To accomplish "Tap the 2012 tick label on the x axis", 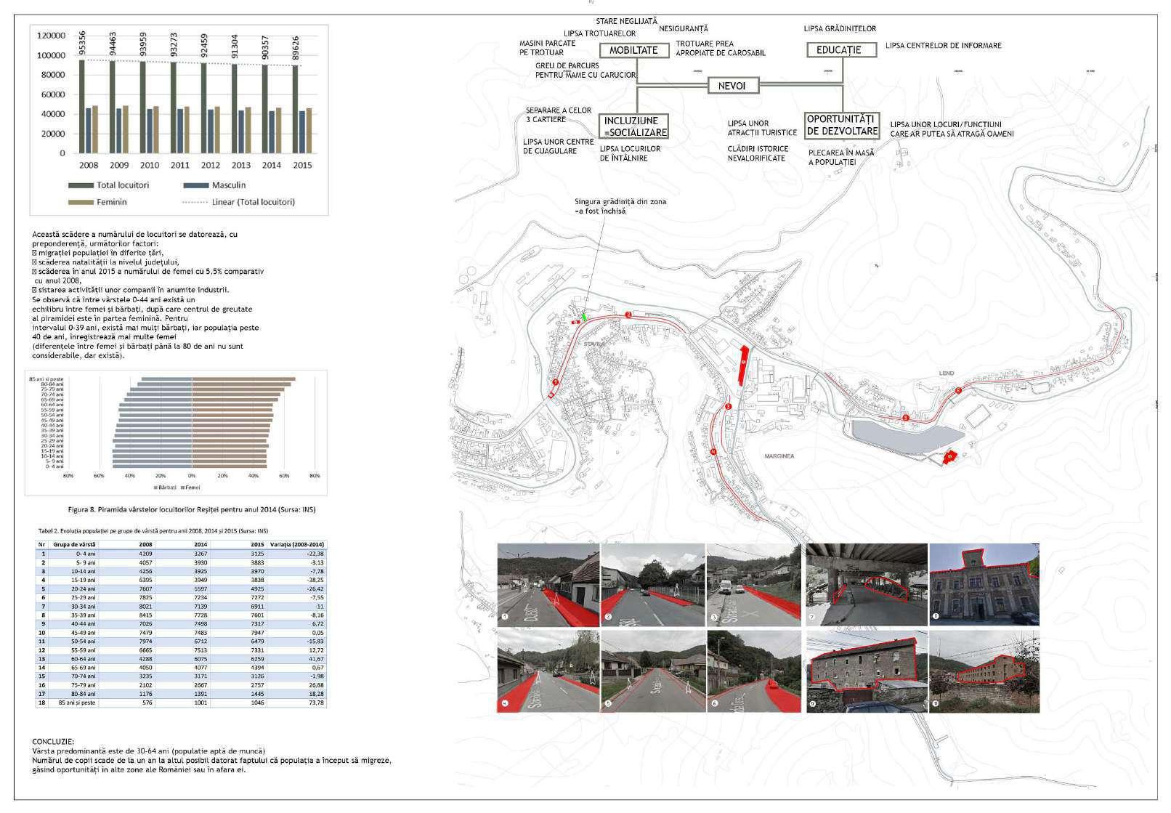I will [x=210, y=166].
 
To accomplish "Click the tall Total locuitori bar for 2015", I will [x=295, y=109].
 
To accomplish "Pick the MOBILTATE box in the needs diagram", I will [x=633, y=50].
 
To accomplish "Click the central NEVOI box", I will [x=732, y=86].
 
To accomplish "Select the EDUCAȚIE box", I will [x=838, y=50].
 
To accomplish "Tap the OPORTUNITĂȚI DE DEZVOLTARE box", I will [x=842, y=125].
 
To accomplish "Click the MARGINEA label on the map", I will [x=779, y=456].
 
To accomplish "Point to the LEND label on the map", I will [x=946, y=373].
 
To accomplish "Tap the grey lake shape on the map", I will [x=901, y=436].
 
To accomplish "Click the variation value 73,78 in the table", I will [x=315, y=703].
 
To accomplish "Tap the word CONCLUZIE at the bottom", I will [x=53, y=741].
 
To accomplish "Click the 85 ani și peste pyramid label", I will [x=46, y=379].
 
